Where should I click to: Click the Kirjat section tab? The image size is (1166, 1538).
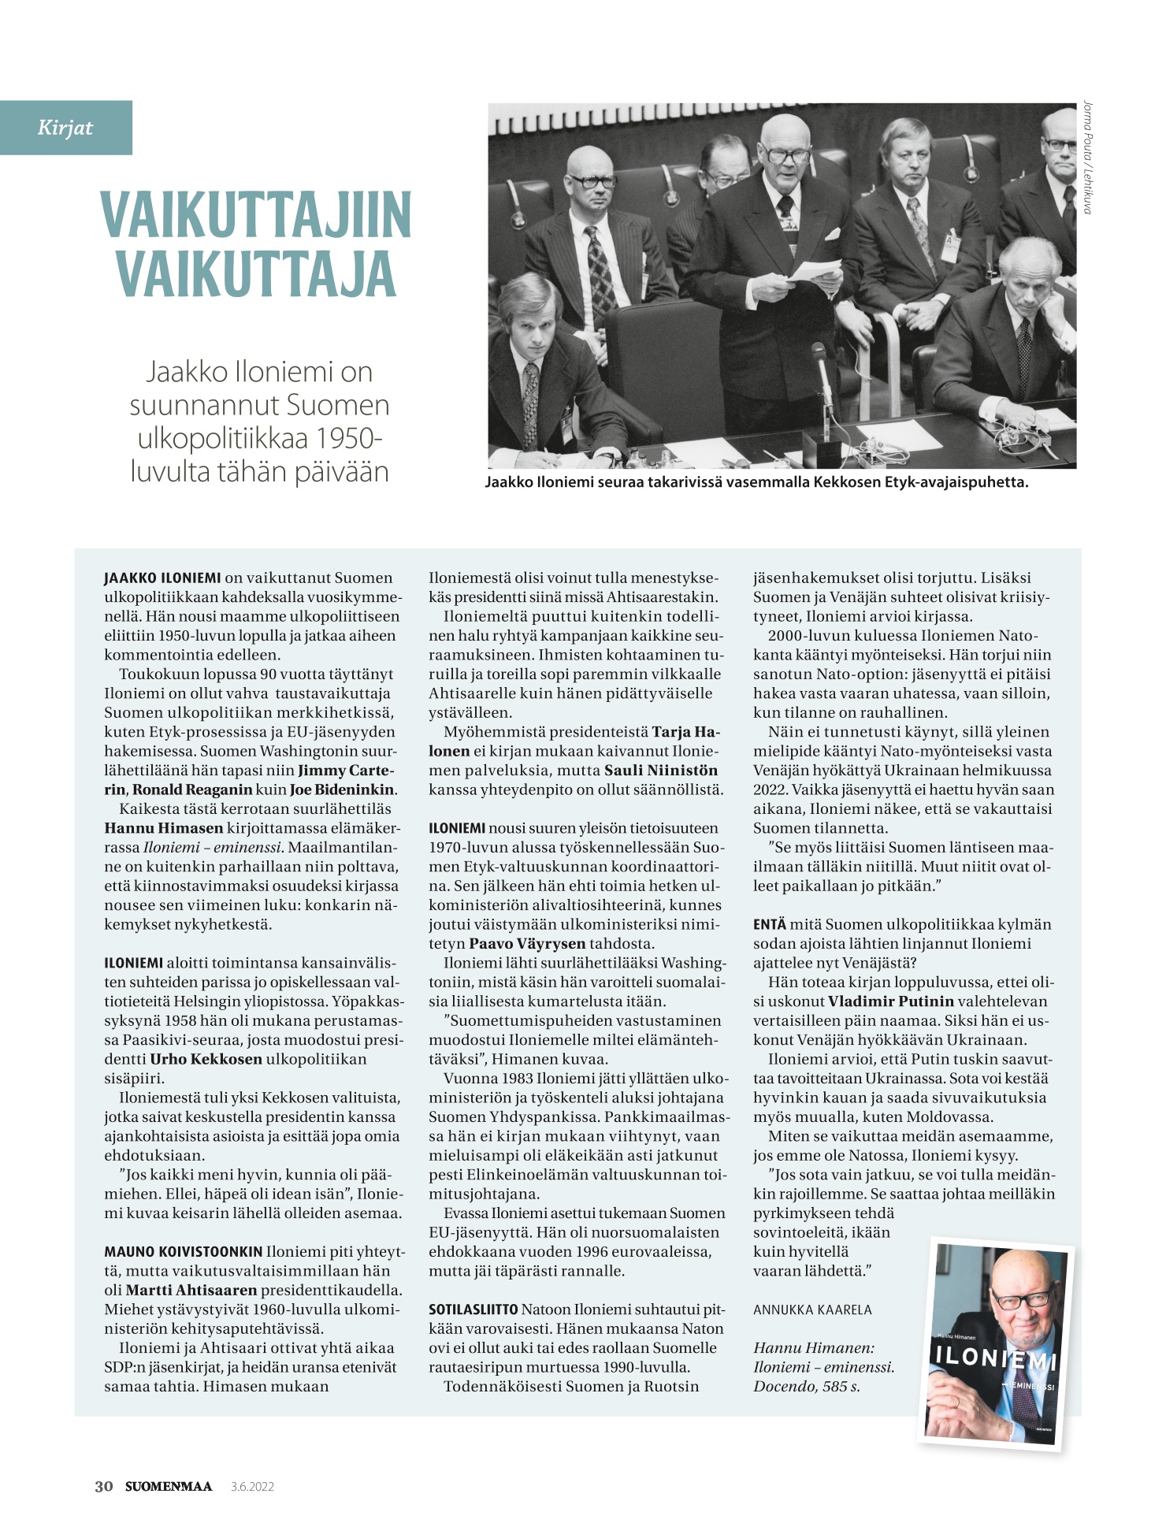click(65, 128)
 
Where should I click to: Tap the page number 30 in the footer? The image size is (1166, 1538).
click(104, 1487)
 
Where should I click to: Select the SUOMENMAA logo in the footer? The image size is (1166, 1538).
click(169, 1487)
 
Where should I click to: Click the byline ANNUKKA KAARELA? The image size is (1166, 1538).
click(812, 1310)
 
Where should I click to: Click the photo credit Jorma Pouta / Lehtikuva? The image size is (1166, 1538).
click(1088, 157)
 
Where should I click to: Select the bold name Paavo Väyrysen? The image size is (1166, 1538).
click(527, 944)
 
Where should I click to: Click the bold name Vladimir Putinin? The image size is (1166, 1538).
click(890, 1001)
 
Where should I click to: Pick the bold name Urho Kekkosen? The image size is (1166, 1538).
click(206, 1059)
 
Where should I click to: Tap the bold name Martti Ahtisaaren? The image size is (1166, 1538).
click(191, 1290)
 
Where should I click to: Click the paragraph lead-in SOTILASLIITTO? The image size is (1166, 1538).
click(473, 1310)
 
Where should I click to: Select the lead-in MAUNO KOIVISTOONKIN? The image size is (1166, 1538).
click(183, 1251)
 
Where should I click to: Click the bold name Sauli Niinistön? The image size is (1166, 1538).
click(661, 770)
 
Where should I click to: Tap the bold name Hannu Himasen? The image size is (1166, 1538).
click(164, 828)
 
